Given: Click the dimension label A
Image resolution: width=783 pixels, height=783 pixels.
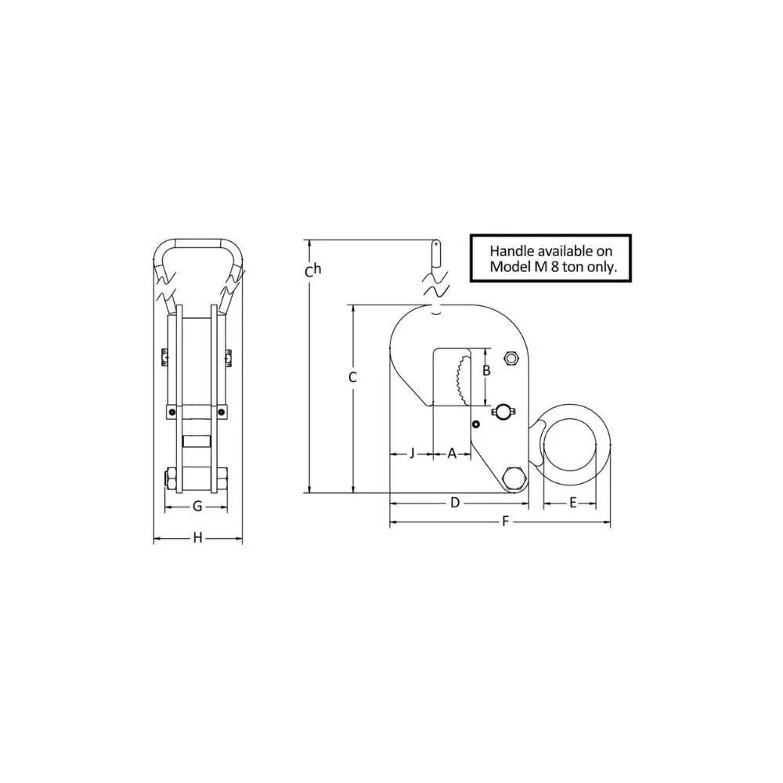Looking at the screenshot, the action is (x=452, y=453).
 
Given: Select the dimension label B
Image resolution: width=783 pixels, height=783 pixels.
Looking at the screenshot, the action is (x=486, y=370).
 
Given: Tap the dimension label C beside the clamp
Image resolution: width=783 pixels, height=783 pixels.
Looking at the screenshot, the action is (x=352, y=377).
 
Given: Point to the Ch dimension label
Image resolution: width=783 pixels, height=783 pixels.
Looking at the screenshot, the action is (x=313, y=270).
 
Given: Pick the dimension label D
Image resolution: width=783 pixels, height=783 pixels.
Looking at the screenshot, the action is (x=455, y=503).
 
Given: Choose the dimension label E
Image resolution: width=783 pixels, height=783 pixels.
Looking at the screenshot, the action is (x=573, y=503).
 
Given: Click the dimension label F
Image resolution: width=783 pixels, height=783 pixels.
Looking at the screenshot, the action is (x=505, y=521).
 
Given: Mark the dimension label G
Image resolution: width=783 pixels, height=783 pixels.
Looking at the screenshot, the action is (x=197, y=507).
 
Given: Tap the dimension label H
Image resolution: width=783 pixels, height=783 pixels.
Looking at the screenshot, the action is (x=198, y=538).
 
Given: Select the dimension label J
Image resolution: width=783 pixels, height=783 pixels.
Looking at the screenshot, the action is (x=412, y=453).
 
